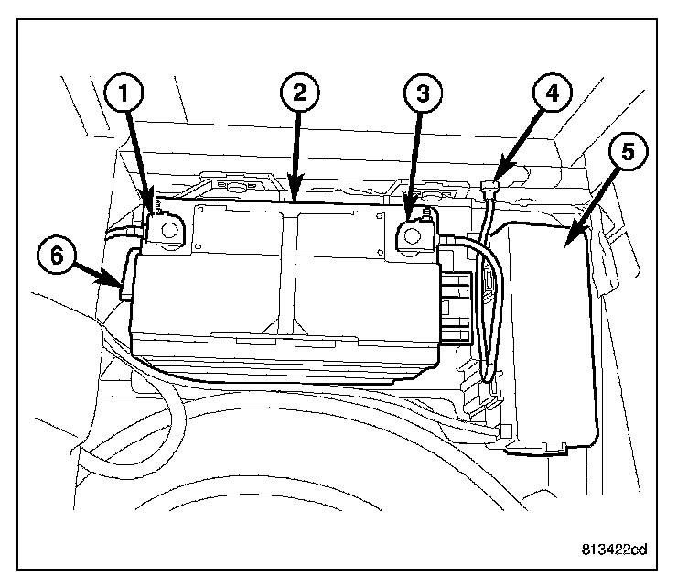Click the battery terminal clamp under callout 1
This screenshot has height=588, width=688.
[x=167, y=230]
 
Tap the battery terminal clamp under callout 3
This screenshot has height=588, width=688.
[x=414, y=236]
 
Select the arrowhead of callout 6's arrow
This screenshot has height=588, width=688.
[x=119, y=286]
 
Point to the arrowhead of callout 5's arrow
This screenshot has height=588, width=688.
[x=567, y=242]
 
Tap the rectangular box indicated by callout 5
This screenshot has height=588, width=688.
[x=552, y=339]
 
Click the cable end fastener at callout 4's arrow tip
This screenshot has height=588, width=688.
[x=490, y=187]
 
